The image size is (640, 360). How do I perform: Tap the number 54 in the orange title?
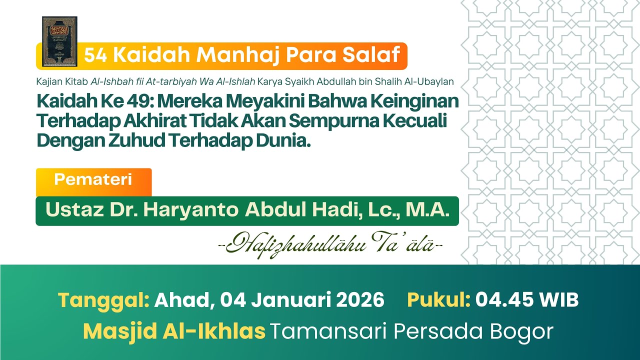(94, 55)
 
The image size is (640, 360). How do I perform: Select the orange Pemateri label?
(93, 180)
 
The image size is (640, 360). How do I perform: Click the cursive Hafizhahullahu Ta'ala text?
(330, 244)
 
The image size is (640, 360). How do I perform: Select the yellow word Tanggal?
(103, 300)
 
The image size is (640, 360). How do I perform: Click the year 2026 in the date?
(358, 300)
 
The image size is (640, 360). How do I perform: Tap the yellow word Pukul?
(438, 300)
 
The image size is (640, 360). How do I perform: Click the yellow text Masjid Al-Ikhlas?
(174, 331)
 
